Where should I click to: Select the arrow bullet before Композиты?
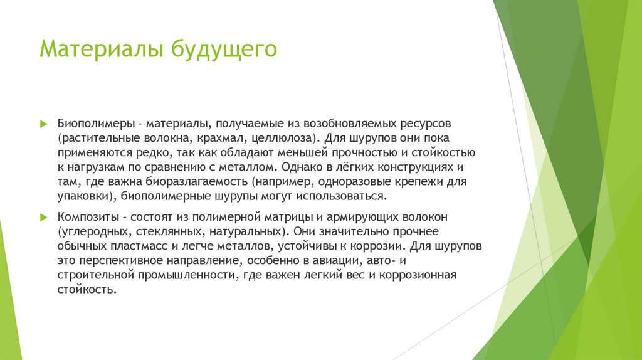point(43,217)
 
